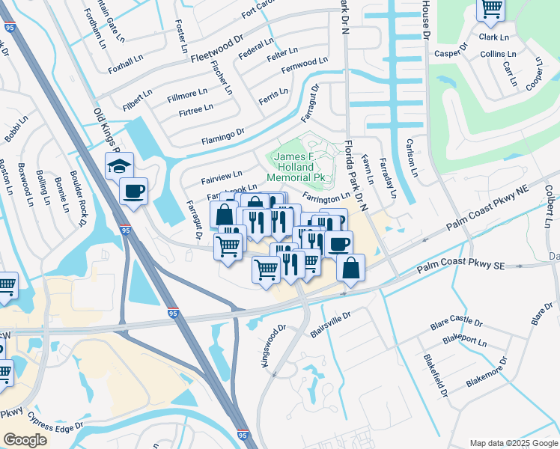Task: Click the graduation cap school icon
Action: (118, 165)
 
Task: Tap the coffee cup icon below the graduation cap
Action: (133, 192)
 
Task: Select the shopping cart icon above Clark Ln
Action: (490, 8)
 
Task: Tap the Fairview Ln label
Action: (221, 177)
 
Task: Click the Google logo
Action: (25, 439)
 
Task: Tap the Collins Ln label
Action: (498, 54)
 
